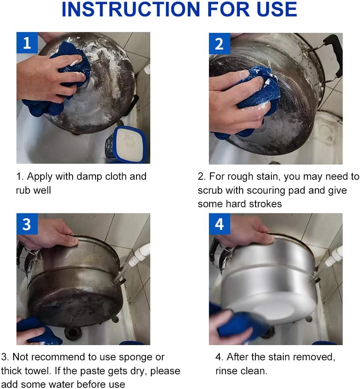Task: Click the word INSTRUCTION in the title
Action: (131, 9)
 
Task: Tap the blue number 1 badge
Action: (27, 43)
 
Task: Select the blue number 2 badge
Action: (219, 43)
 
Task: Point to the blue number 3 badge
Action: (27, 224)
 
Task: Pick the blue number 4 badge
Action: (219, 224)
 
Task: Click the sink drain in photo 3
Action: (73, 332)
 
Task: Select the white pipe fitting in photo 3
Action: (139, 255)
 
